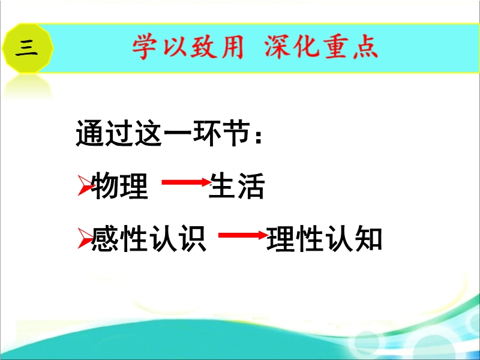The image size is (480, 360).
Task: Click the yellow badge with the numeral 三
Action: (28, 48)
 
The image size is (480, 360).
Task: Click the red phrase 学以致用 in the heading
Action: (188, 47)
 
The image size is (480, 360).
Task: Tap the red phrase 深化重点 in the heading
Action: (322, 47)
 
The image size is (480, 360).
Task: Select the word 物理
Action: (119, 186)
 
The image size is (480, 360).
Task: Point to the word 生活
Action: (236, 186)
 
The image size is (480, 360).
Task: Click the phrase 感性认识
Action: (149, 239)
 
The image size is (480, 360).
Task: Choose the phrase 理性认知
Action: (324, 239)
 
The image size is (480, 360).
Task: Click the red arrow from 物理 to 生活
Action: (187, 182)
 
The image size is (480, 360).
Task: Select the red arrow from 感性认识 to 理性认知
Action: (244, 235)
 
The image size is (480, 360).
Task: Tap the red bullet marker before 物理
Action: (85, 185)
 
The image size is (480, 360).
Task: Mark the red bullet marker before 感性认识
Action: (85, 238)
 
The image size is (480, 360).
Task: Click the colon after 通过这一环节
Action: (259, 137)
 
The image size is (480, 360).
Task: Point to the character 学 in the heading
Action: (145, 47)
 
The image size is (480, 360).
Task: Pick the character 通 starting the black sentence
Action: (90, 133)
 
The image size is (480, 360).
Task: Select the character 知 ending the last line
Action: (368, 239)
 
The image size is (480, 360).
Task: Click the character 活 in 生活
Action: (251, 186)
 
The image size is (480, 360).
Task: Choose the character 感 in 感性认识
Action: (105, 239)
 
